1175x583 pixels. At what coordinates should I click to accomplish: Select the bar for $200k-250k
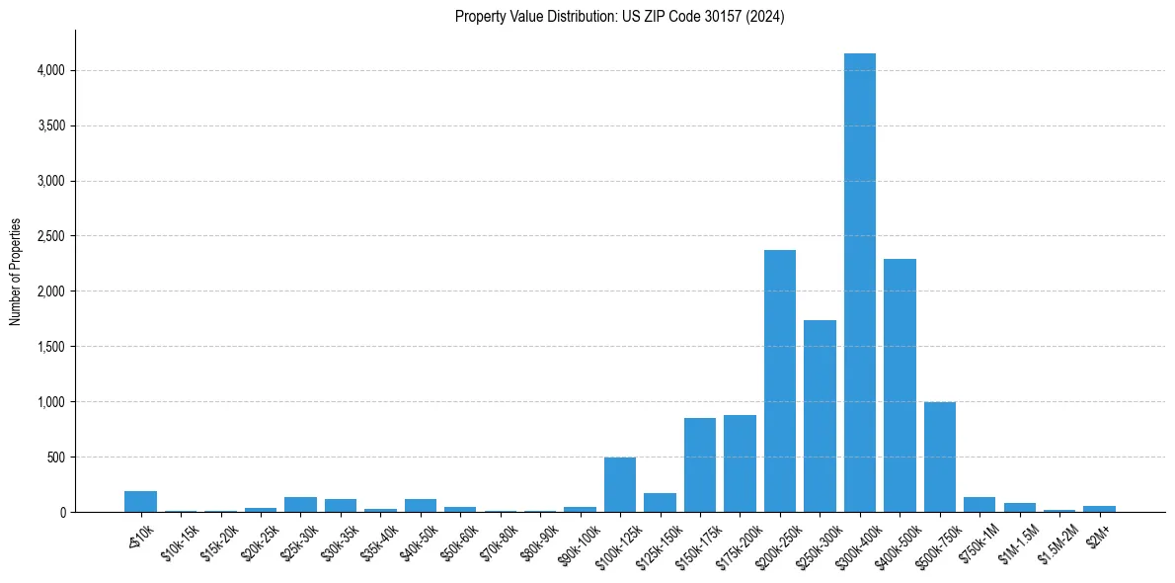point(780,381)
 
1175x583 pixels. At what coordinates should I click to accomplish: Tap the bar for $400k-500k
point(900,385)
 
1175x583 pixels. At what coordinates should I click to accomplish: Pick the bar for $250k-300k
point(820,416)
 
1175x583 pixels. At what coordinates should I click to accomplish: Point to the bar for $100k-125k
point(620,485)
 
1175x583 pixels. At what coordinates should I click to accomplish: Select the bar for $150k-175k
point(700,465)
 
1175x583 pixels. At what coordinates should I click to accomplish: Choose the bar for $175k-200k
point(740,463)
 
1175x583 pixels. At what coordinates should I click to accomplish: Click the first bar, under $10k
point(140,501)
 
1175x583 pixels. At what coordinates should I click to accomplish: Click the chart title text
point(619,17)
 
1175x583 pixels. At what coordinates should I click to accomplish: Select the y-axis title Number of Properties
point(16,271)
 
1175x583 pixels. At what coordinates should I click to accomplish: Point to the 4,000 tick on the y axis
point(49,71)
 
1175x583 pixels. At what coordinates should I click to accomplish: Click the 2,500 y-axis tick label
point(49,236)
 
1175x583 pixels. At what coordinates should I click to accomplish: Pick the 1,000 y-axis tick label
point(49,402)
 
